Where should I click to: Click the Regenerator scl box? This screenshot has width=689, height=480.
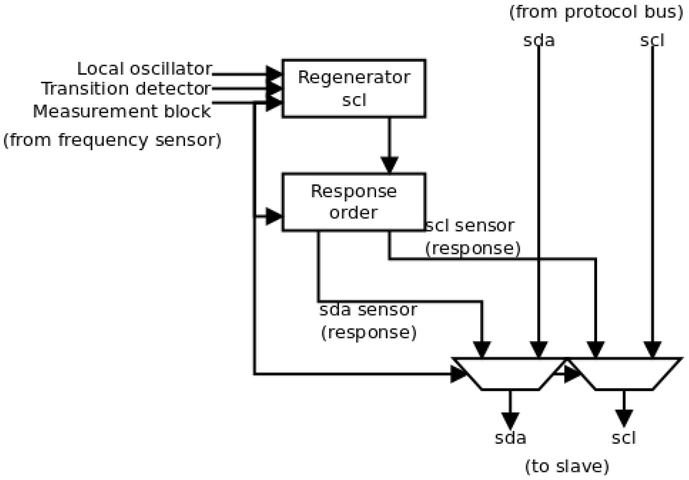354,88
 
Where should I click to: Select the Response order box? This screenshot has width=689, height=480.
354,202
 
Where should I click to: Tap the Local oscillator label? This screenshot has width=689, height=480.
144,69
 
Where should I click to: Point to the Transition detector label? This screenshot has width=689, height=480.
126,89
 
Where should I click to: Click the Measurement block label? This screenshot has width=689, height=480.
122,111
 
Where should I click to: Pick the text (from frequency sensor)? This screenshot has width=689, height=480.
112,140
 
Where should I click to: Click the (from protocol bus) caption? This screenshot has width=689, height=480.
596,12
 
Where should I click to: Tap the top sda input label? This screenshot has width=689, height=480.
539,41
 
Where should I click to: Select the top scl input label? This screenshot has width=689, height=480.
652,41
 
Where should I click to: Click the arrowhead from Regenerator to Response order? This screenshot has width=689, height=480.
389,164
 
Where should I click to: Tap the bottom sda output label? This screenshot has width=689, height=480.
510,438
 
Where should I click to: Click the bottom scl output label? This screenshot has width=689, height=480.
624,438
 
